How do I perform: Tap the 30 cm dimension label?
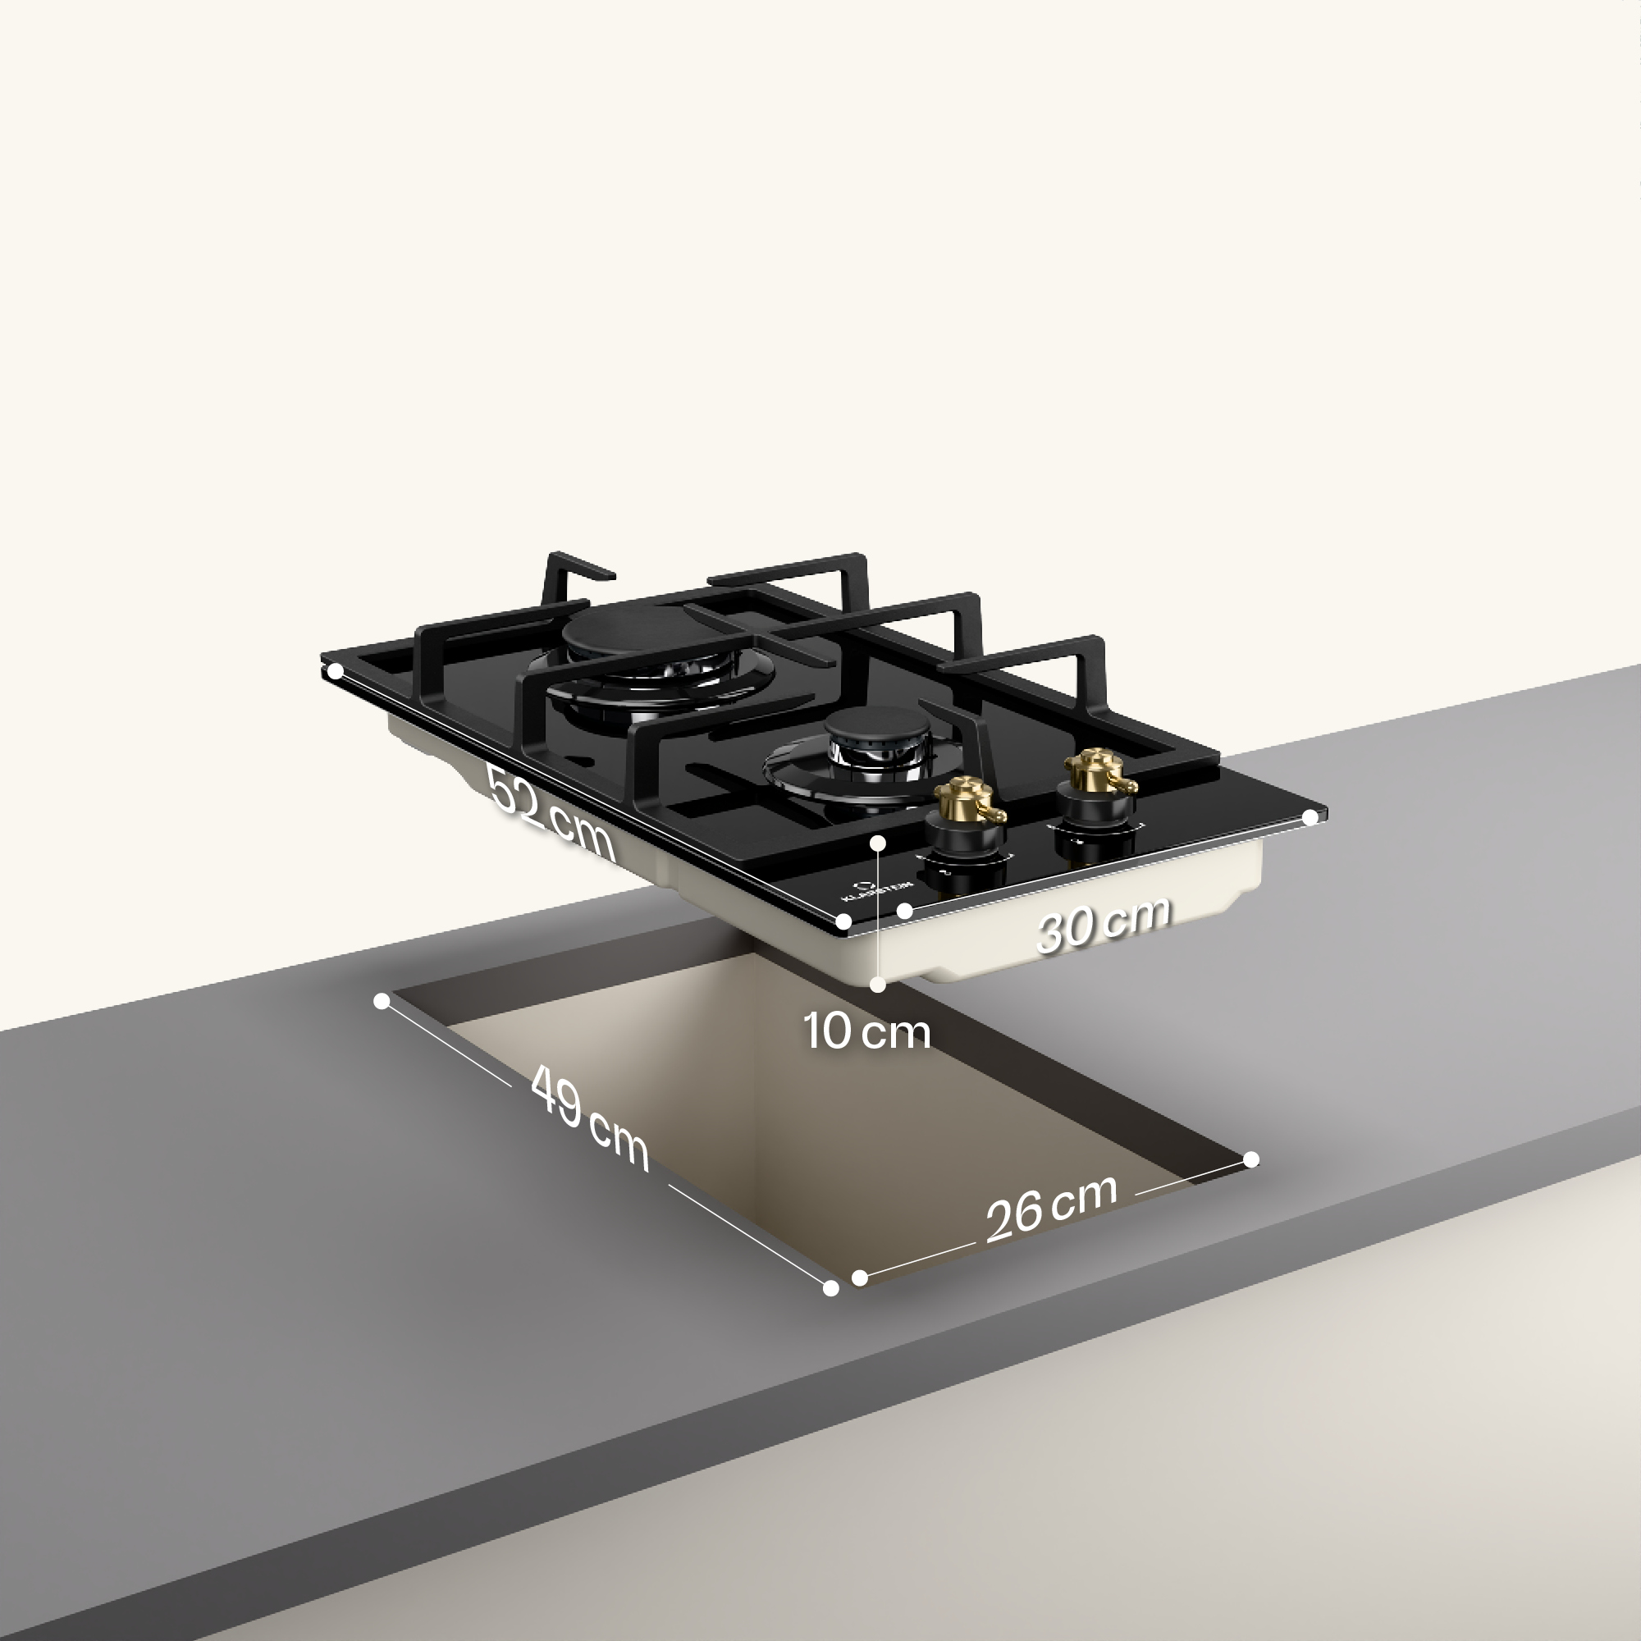(x=1104, y=923)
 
